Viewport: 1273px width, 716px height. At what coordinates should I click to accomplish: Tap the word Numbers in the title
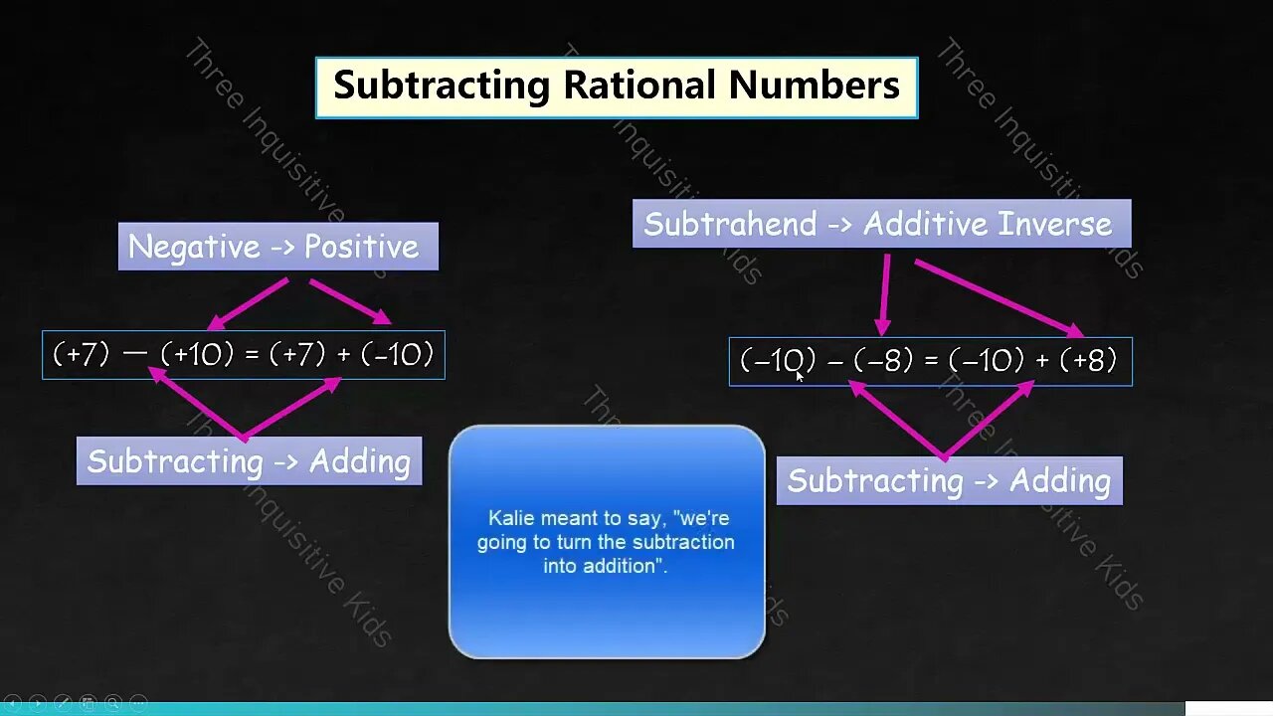tap(814, 86)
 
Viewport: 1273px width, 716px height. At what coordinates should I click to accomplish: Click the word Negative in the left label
tap(193, 247)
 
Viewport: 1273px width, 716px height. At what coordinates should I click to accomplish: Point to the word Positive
tap(361, 247)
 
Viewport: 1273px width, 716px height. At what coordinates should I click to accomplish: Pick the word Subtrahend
tap(730, 224)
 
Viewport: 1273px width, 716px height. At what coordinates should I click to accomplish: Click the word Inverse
tap(1055, 224)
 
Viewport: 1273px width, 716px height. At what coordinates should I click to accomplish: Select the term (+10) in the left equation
tap(197, 354)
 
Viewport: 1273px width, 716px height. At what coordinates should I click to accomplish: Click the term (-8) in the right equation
tap(883, 360)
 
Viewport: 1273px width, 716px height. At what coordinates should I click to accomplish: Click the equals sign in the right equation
tap(931, 361)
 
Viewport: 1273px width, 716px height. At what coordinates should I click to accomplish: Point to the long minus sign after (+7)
tap(135, 354)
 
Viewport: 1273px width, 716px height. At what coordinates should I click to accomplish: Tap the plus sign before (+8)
tap(1042, 361)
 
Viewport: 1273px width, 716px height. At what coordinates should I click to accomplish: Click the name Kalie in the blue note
tap(509, 518)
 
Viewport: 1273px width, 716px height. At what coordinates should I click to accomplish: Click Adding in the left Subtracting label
tap(359, 461)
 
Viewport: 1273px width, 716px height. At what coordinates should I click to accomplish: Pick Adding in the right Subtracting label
tap(1059, 481)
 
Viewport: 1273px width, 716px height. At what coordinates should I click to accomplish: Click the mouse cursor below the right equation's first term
tap(800, 377)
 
